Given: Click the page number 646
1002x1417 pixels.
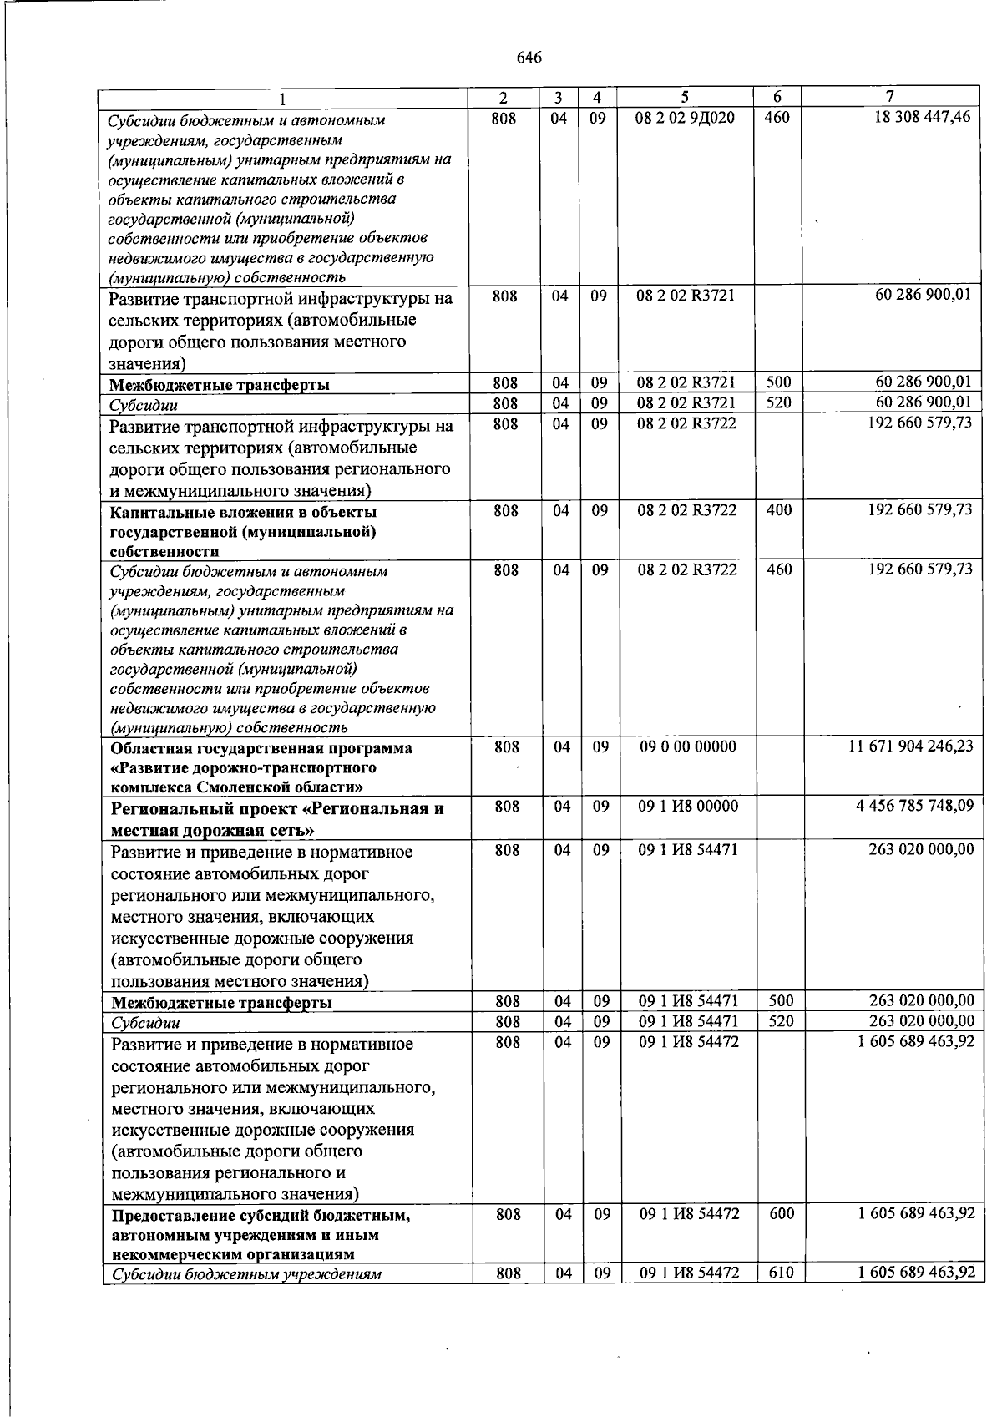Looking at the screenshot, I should click(x=529, y=58).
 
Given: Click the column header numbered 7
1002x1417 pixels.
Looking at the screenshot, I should click(x=890, y=96).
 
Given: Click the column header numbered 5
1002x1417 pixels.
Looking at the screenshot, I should click(x=685, y=97).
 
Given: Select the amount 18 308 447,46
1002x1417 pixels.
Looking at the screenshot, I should click(x=922, y=117).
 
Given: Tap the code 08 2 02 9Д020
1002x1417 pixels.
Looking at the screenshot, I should click(x=685, y=118).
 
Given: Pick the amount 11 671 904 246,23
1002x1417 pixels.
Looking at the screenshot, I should click(x=910, y=746).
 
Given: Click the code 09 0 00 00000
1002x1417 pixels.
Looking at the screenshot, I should click(x=688, y=746).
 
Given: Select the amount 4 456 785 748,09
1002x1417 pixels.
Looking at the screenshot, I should click(x=914, y=806).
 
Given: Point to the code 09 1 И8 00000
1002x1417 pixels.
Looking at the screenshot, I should click(x=688, y=807).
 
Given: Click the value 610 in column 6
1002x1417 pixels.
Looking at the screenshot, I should click(x=782, y=1273).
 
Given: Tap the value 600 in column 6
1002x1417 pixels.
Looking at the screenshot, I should click(x=782, y=1214).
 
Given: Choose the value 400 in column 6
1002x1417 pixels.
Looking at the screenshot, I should click(x=779, y=509).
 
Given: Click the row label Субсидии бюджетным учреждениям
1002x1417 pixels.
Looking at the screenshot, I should click(x=247, y=1274).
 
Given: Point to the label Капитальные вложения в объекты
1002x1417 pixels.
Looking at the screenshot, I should click(x=243, y=512).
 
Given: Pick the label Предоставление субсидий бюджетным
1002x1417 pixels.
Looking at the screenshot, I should click(x=261, y=1216).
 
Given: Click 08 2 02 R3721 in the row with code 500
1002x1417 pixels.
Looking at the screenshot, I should click(x=686, y=383).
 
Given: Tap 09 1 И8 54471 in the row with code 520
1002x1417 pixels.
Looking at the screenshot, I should click(x=688, y=1021).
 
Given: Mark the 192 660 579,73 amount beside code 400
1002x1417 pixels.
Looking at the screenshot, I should click(x=920, y=509).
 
